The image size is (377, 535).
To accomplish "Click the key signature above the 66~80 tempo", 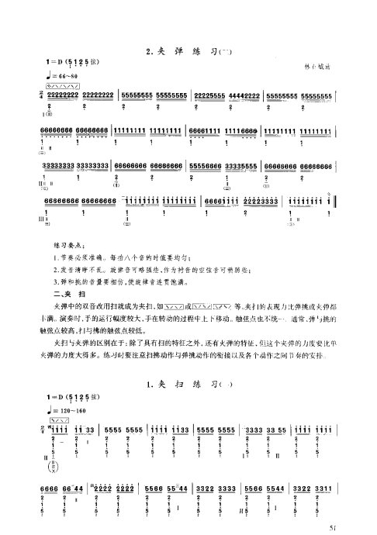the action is (x=73, y=62).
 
